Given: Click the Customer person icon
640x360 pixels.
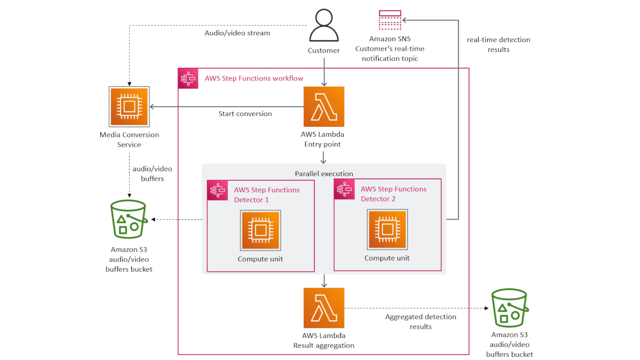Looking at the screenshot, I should (324, 25).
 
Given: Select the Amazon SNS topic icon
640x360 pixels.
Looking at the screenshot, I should (390, 20).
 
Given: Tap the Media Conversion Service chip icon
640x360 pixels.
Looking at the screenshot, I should (129, 106).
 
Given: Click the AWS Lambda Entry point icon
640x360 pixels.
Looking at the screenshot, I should (324, 106).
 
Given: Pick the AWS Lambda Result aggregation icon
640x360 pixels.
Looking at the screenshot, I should (324, 308).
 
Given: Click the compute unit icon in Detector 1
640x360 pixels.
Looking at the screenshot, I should (260, 230).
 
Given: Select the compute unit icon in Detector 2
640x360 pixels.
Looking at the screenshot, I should (387, 229).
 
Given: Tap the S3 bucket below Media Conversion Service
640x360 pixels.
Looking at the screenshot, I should (128, 219).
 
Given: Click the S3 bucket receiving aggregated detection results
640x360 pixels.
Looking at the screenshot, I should (509, 308).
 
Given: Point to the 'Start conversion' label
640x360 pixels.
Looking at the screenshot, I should (245, 114).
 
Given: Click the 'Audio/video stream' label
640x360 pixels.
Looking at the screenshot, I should (237, 33).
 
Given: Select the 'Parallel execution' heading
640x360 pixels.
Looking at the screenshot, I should (324, 174).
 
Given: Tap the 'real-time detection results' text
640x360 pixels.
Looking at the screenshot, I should (498, 44).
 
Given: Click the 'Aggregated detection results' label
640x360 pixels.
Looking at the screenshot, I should (420, 321).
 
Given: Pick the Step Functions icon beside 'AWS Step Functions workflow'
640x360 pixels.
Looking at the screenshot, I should (188, 78).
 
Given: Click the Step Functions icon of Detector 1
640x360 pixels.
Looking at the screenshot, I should (218, 190).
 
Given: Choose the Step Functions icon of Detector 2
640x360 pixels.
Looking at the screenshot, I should (344, 189).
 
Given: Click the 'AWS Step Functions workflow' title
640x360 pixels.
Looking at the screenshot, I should (254, 78).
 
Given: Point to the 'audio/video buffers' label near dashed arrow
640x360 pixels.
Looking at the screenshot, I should (152, 174).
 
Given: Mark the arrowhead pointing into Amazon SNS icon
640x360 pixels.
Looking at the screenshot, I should (404, 20).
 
